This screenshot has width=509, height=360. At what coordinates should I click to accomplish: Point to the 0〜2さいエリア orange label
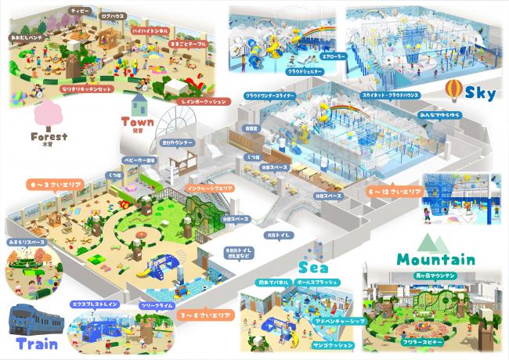click(49, 185)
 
